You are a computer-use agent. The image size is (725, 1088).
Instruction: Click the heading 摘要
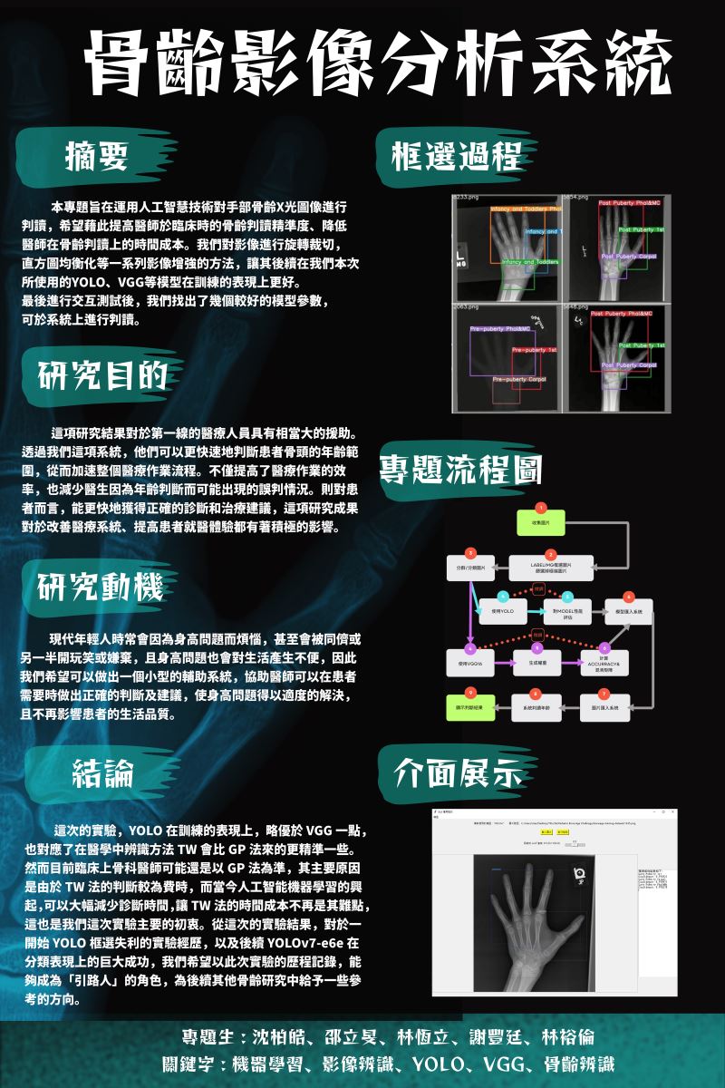(97, 155)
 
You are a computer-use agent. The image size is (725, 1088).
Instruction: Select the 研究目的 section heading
(101, 374)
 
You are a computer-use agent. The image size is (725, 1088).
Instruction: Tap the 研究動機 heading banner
(101, 588)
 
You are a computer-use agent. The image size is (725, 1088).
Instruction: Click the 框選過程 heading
(457, 154)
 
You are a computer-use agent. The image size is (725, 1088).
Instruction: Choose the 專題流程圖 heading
(459, 470)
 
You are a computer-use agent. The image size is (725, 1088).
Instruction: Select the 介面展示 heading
(458, 772)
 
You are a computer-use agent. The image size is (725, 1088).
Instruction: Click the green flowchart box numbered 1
(541, 523)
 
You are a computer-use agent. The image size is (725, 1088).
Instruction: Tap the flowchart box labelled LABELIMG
(550, 568)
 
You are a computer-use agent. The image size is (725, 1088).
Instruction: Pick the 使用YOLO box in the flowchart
(502, 612)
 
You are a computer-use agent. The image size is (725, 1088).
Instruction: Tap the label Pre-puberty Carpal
(518, 379)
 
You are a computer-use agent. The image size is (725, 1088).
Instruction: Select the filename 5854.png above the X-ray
(576, 197)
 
